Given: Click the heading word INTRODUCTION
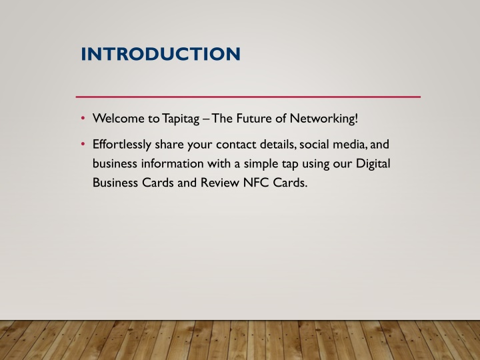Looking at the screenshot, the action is pyautogui.click(x=161, y=54).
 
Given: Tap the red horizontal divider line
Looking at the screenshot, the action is pyautogui.click(x=248, y=97).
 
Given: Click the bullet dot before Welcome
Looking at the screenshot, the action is pyautogui.click(x=83, y=118).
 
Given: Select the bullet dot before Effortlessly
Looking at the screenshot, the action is pyautogui.click(x=83, y=143).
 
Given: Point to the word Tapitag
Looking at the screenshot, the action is pyautogui.click(x=181, y=119).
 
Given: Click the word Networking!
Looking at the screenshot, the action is pyautogui.click(x=324, y=119).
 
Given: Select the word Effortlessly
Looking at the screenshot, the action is pyautogui.click(x=122, y=145).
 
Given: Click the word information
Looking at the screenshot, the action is pyautogui.click(x=173, y=163).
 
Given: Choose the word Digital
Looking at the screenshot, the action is pyautogui.click(x=373, y=164).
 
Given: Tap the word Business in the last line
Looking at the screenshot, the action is pyautogui.click(x=115, y=183).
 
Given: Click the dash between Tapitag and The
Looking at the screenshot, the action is pyautogui.click(x=205, y=119).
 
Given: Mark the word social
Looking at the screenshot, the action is pyautogui.click(x=314, y=145).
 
